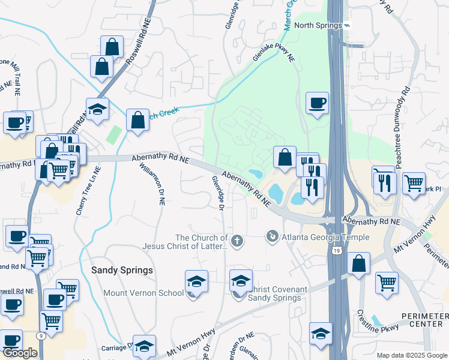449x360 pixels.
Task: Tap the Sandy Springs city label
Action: (x=122, y=270)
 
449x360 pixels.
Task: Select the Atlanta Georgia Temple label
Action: (x=316, y=236)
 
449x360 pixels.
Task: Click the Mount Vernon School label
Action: (x=143, y=293)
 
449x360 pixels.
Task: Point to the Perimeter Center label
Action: (x=424, y=320)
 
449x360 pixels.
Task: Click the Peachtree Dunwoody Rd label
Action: (x=404, y=126)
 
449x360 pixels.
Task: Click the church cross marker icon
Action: (x=238, y=241)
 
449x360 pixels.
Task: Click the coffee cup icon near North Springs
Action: (x=317, y=103)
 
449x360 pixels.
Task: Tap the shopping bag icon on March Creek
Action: (x=137, y=119)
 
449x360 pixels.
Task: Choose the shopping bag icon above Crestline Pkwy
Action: (x=358, y=263)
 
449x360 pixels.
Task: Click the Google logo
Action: (x=20, y=353)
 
